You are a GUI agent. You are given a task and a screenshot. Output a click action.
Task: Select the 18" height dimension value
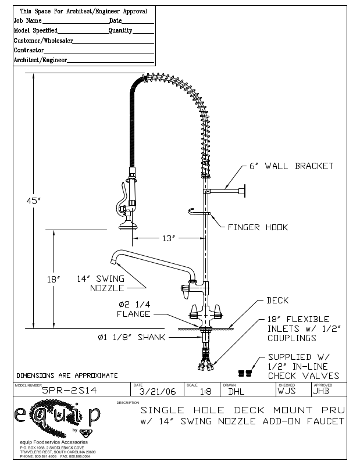tap(54, 279)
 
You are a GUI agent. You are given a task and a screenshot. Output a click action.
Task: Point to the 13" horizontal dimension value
tap(169, 238)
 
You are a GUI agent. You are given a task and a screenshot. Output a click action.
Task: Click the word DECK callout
tap(277, 301)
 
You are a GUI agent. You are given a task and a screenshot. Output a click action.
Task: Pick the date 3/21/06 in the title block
tap(155, 392)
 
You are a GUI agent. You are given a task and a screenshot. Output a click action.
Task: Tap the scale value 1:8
tap(206, 392)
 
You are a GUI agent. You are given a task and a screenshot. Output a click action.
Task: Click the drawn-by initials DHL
tap(237, 392)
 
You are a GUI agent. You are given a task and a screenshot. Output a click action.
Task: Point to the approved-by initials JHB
tap(320, 392)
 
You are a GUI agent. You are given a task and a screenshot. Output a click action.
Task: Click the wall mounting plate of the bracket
tap(245, 191)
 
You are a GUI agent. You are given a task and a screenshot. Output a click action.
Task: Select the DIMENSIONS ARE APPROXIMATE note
tap(67, 375)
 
